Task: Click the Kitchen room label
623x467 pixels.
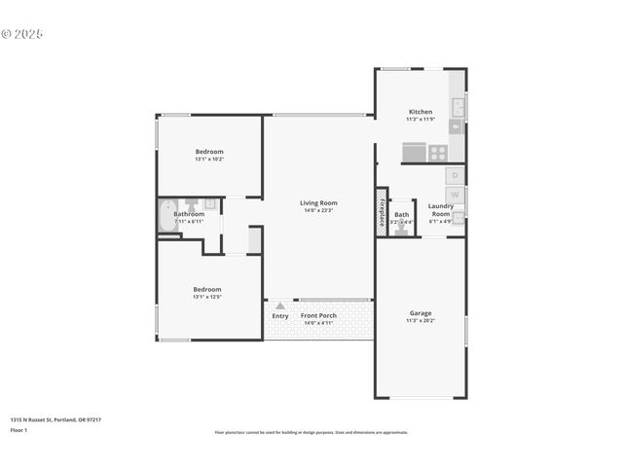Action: pos(421,112)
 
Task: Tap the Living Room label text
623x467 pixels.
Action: pos(318,202)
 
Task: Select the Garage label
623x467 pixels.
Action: pos(421,312)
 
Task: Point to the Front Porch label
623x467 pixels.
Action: pos(318,316)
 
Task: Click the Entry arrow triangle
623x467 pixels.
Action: pos(280,305)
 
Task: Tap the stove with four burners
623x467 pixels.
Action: pos(437,152)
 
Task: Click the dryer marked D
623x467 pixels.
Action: pos(455,176)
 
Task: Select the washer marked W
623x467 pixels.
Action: pos(455,196)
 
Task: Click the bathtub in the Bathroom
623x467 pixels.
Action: pos(168,215)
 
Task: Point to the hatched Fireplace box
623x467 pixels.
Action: pos(382,212)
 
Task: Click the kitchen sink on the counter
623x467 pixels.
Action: pos(457,106)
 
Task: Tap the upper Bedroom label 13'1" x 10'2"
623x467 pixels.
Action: pos(209,159)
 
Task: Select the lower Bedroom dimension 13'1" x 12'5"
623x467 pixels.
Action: pos(207,297)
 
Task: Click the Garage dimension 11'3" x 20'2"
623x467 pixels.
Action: pos(421,320)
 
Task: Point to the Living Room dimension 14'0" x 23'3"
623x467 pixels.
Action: pos(318,210)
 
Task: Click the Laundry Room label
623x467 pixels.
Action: pos(441,209)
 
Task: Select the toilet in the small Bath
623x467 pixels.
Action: pos(402,230)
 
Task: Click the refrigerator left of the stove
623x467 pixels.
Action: pos(414,152)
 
